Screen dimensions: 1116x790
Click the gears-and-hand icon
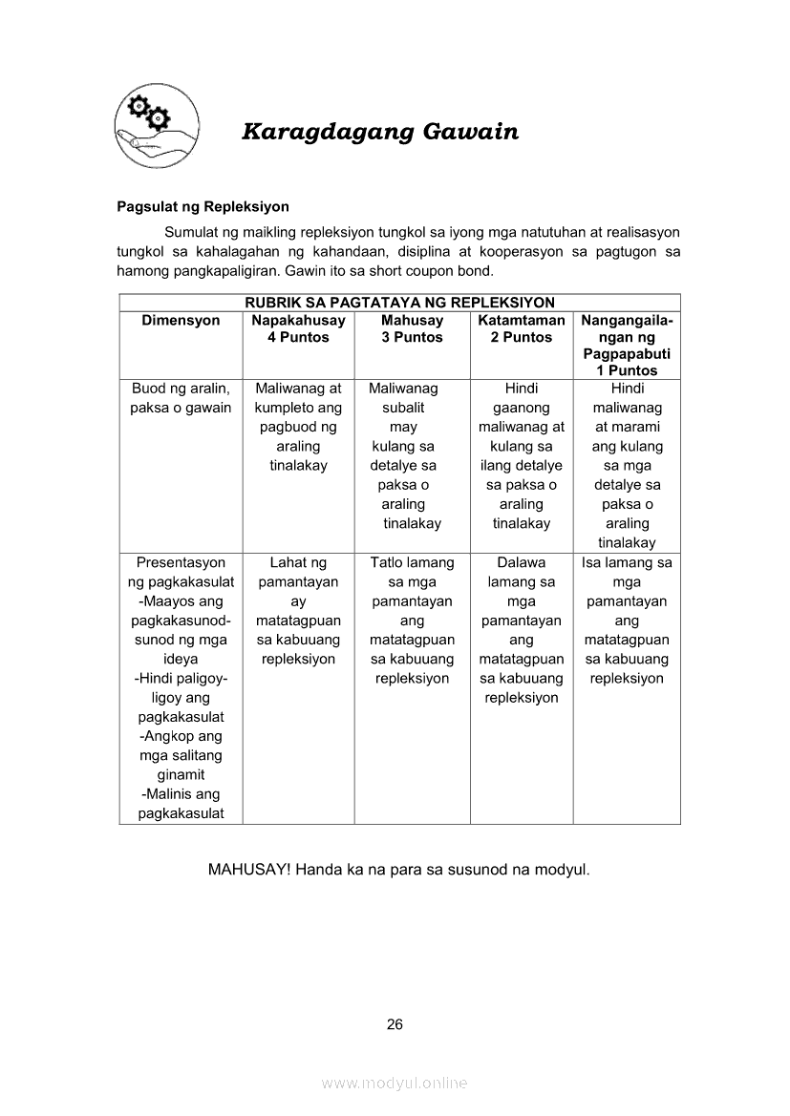(156, 125)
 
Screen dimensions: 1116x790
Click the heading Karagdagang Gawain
(380, 132)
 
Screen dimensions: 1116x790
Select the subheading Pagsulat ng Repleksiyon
(203, 206)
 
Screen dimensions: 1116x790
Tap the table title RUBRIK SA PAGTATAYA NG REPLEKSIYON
(399, 303)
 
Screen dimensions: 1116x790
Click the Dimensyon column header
(181, 321)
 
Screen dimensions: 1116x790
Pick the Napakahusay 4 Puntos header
(298, 328)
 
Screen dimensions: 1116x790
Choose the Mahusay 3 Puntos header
(412, 328)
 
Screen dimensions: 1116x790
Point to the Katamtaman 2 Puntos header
(522, 328)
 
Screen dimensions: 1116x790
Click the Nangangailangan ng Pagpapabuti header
(627, 345)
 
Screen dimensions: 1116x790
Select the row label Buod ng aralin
(181, 398)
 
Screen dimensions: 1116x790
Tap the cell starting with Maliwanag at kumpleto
(298, 427)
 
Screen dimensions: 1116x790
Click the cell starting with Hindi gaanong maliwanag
(522, 455)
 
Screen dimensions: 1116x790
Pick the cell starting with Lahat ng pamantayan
(298, 611)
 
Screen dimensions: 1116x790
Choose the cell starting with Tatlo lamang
(412, 621)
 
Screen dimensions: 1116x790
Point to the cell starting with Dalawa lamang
(522, 630)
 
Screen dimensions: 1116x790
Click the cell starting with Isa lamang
(627, 621)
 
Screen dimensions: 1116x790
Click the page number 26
(395, 1024)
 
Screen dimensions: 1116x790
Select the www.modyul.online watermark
(395, 1083)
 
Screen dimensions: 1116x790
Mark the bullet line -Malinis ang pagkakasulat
(181, 804)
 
